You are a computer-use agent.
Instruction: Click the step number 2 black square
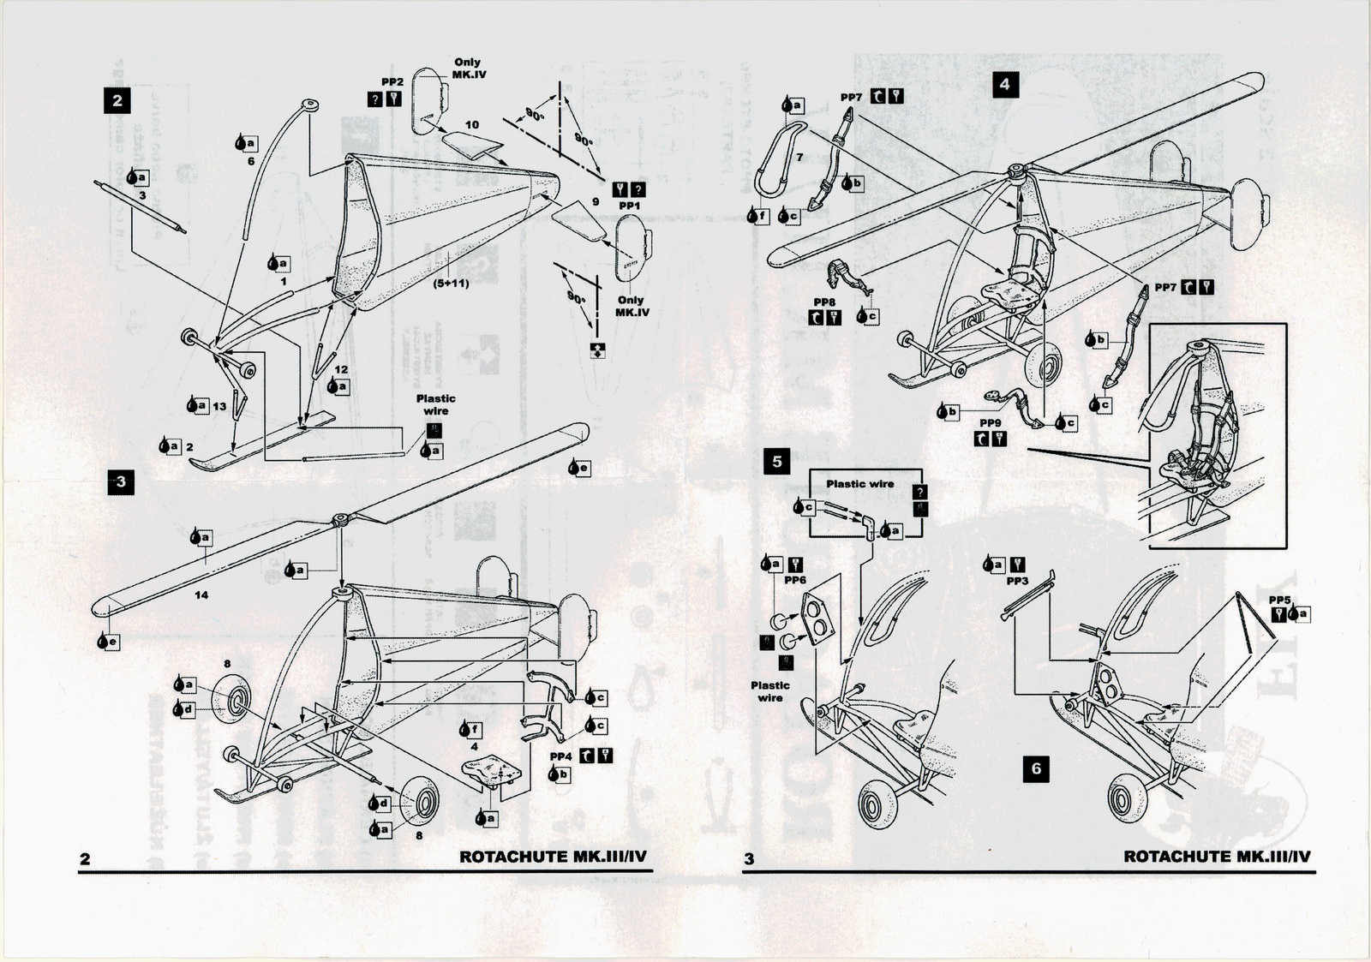[117, 101]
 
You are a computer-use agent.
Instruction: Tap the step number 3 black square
[121, 482]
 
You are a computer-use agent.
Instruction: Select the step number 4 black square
[1004, 84]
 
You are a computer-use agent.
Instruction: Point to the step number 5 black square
[777, 462]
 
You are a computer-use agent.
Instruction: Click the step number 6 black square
[1036, 768]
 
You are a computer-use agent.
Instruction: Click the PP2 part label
[392, 81]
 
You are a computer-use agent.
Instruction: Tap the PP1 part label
[630, 206]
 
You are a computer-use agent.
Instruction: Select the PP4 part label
[560, 757]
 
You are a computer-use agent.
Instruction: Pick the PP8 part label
[823, 302]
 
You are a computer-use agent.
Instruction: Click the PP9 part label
[990, 423]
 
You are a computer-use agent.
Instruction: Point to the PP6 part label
[795, 580]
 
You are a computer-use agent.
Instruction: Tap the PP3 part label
[1017, 581]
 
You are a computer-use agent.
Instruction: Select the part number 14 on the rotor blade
[201, 595]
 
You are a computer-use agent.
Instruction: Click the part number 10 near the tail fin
[472, 125]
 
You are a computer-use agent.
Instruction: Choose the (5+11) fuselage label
[451, 283]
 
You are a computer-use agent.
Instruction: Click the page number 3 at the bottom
[749, 858]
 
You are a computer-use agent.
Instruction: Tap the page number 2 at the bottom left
[84, 859]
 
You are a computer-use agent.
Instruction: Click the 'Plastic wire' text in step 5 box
[859, 484]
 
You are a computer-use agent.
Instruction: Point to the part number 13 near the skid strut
[220, 406]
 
